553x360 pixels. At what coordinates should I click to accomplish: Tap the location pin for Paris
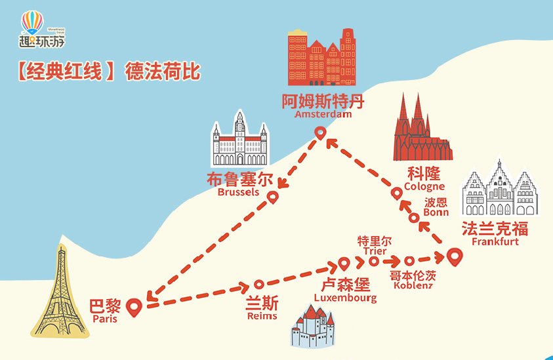(134, 306)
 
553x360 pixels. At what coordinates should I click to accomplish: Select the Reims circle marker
(258, 285)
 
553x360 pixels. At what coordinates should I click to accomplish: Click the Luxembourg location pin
(344, 264)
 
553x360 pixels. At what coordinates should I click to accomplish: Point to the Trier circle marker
(374, 261)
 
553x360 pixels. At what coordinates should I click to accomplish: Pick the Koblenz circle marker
(409, 260)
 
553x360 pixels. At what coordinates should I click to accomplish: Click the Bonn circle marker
(414, 218)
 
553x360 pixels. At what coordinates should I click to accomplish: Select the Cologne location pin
(397, 193)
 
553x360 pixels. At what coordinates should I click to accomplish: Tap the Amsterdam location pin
(320, 133)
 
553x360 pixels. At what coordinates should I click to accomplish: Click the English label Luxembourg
(345, 298)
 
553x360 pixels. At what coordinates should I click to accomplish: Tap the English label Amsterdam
(323, 114)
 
